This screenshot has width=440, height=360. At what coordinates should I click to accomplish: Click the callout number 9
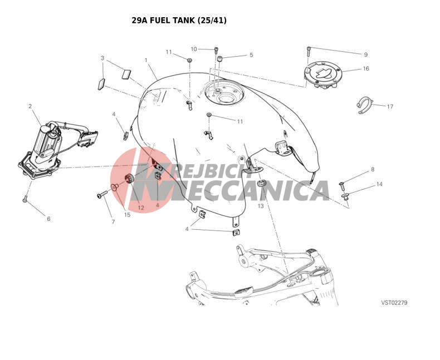tap(365, 55)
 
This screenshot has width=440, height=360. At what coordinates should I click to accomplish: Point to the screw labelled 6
tap(25, 199)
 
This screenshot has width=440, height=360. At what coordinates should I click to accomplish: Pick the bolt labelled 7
tap(102, 195)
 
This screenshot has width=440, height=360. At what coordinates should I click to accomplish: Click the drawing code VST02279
tap(394, 303)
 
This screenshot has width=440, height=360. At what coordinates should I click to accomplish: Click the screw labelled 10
tap(216, 51)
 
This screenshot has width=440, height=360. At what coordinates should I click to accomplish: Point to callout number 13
tap(261, 206)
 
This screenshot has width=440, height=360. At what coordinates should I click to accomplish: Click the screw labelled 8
tap(341, 185)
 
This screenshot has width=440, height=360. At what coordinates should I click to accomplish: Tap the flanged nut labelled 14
tap(345, 196)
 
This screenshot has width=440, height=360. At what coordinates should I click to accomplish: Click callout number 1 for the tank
tap(146, 60)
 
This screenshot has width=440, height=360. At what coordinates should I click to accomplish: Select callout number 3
tap(102, 58)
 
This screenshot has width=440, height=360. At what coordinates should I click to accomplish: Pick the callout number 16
tap(366, 68)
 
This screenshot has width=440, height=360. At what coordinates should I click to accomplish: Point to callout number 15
tap(127, 215)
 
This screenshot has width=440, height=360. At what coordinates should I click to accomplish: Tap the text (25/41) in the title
tap(212, 21)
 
